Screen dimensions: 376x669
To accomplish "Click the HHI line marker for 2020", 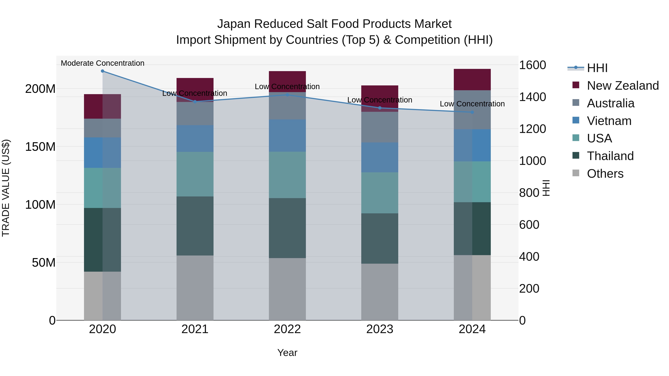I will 102,71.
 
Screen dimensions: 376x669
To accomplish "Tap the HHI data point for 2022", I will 287,95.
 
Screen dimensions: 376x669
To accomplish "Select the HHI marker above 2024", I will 472,112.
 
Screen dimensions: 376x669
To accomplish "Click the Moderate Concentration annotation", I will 102,63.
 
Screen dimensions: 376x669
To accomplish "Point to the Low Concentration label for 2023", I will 380,100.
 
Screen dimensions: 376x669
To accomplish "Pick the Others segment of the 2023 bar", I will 380,292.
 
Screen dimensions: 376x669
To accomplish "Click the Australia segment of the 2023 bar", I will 380,127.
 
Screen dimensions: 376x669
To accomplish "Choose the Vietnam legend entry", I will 609,121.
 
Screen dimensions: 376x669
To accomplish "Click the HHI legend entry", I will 597,68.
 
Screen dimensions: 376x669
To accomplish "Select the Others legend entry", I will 605,174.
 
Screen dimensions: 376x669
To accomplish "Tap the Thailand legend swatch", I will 576,156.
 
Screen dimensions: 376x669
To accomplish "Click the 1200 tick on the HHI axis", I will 532,129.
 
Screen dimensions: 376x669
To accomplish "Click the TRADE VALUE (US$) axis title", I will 6,188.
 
